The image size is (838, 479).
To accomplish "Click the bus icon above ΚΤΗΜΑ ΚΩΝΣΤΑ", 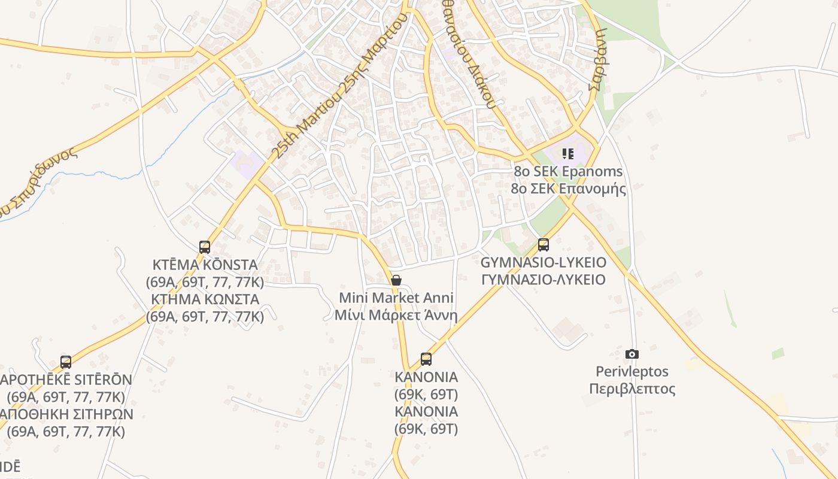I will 205,247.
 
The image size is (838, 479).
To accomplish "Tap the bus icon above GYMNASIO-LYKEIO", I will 544,244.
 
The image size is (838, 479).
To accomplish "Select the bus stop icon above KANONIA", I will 426,359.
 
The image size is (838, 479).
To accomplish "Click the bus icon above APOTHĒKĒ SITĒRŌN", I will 66,362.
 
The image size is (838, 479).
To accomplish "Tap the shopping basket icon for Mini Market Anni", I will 396,280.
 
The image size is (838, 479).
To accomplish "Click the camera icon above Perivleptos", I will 631,354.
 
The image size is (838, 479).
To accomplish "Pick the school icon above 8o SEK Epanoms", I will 568,154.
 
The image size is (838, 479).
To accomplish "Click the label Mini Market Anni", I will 396,298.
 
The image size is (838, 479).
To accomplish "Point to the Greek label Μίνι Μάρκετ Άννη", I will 396,315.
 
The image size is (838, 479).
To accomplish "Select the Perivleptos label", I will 632,371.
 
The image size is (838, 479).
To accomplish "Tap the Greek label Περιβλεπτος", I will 632,389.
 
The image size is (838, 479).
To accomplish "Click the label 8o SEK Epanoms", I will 568,171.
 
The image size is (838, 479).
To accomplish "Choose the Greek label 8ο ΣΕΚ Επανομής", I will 568,189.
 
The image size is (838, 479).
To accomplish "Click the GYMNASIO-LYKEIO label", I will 544,262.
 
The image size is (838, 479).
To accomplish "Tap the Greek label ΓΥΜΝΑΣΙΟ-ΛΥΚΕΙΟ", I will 544,280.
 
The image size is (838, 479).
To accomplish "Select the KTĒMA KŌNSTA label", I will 205,265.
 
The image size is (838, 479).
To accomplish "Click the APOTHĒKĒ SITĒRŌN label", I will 66,380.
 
